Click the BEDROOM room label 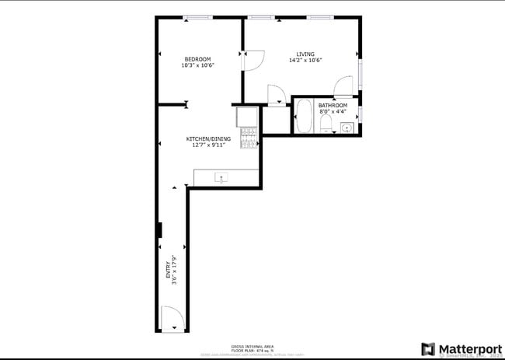197,59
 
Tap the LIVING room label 305,54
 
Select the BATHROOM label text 333,105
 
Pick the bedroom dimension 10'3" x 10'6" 197,66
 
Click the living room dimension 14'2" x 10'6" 305,61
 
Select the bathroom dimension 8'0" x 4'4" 333,111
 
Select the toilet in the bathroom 326,124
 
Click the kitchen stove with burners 249,138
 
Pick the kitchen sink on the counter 222,179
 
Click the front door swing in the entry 172,317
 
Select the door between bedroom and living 252,61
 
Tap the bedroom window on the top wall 197,17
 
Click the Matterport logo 458,348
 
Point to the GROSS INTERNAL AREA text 252,345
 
